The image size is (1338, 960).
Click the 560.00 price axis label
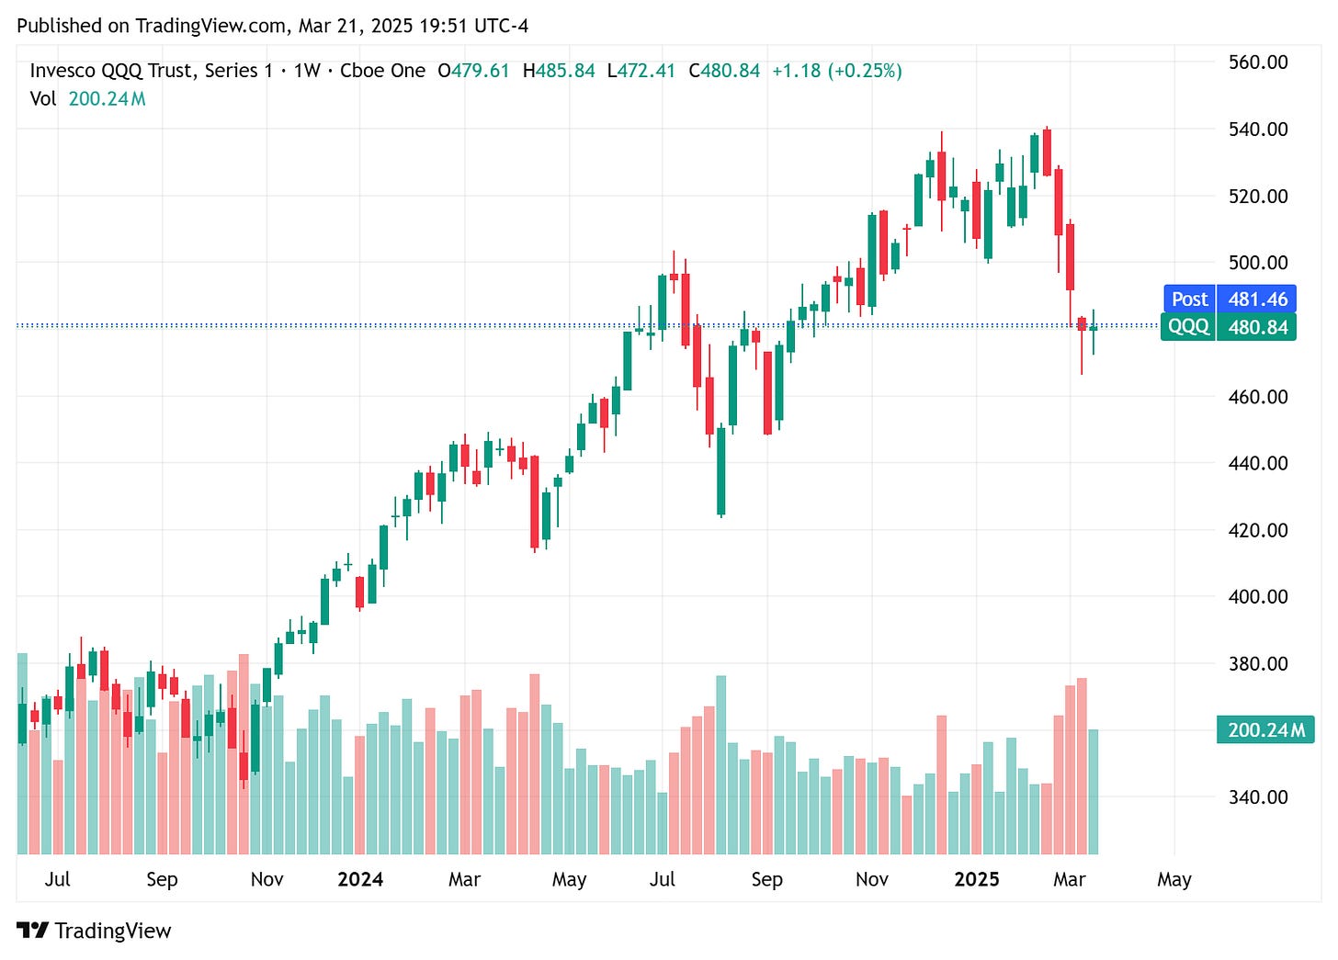pyautogui.click(x=1257, y=62)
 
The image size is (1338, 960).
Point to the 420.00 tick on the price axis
pyautogui.click(x=1257, y=530)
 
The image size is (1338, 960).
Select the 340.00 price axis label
pyautogui.click(x=1257, y=797)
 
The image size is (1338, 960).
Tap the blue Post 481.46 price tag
pyautogui.click(x=1230, y=299)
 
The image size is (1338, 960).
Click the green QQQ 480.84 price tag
pyautogui.click(x=1230, y=327)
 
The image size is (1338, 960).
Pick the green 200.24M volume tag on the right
pyautogui.click(x=1264, y=730)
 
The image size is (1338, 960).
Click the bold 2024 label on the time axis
pyautogui.click(x=360, y=879)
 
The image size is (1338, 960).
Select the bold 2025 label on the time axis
pyautogui.click(x=976, y=879)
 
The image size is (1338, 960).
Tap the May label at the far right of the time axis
pyautogui.click(x=1174, y=879)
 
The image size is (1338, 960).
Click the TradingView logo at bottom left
pyautogui.click(x=94, y=931)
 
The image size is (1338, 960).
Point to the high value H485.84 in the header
pyautogui.click(x=559, y=71)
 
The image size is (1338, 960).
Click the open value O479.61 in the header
pyautogui.click(x=473, y=71)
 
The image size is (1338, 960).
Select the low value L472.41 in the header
pyautogui.click(x=641, y=71)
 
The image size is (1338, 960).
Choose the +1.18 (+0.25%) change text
pyautogui.click(x=836, y=71)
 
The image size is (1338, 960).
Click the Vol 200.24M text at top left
pyautogui.click(x=87, y=98)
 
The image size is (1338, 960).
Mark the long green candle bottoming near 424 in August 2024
pyautogui.click(x=721, y=470)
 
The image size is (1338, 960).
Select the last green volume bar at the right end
pyautogui.click(x=1093, y=792)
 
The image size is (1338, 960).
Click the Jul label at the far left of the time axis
pyautogui.click(x=57, y=879)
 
